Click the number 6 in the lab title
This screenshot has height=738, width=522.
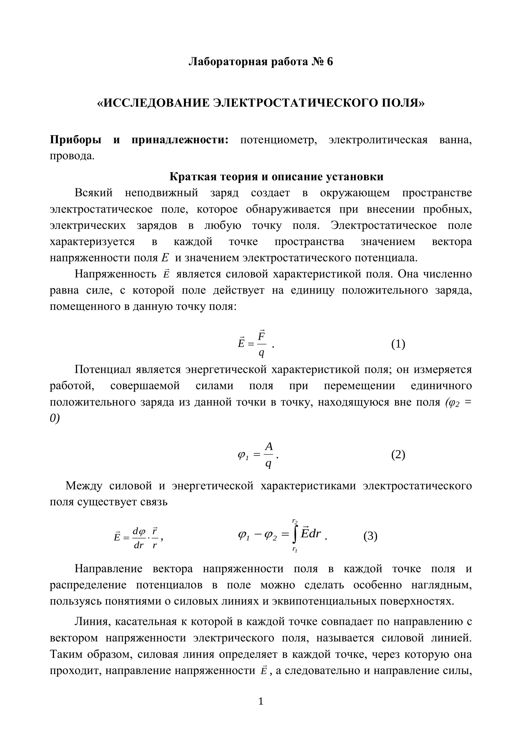330,61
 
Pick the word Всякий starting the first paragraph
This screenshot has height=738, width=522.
94,193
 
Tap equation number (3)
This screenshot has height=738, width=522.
370,536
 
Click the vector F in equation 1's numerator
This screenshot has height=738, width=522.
261,335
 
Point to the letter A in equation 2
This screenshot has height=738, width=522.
269,446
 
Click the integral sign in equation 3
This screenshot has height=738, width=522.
295,536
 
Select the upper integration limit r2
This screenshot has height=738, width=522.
295,521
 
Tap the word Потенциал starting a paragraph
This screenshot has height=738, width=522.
100,369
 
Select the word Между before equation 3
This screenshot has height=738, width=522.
84,486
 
